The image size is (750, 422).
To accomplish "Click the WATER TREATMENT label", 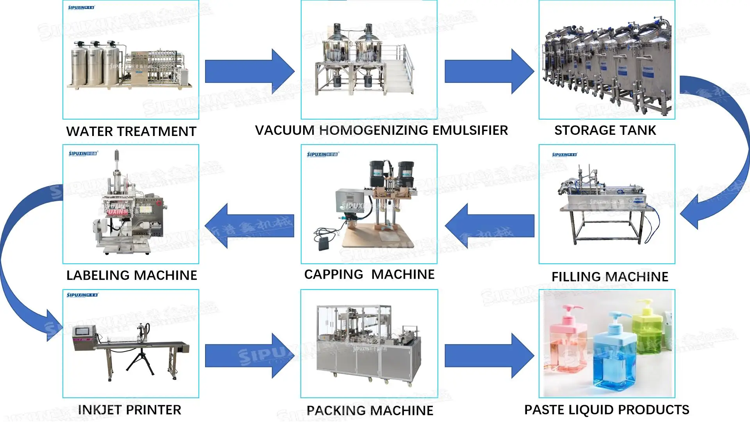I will pos(131,132).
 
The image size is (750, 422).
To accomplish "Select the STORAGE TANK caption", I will pos(605,131).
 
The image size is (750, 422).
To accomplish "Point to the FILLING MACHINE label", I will pos(610,277).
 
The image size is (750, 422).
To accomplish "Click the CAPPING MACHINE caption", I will pos(369,274).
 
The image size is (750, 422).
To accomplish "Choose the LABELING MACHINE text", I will pos(132,275).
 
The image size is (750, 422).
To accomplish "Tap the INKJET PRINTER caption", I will pos(130,410).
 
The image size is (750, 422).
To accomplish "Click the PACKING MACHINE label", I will pos(370,411).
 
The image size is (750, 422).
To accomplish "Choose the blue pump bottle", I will pos(613,356).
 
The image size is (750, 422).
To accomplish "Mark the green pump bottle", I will pos(648,330).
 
